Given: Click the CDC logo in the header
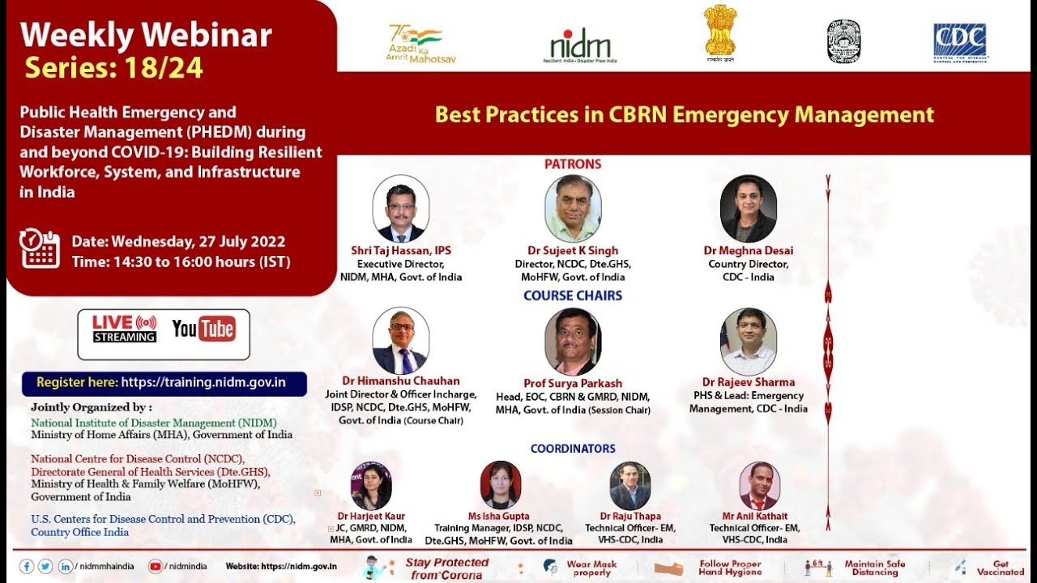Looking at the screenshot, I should pos(960,42).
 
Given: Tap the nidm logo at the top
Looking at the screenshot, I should pos(580,45).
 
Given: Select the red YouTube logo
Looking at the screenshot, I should pos(203,329).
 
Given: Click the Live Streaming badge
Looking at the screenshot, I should pos(124,329).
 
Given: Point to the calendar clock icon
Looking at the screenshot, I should pos(40,248).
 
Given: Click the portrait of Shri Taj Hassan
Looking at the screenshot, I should pos(400,209).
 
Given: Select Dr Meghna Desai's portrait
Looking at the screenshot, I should pos(748,209).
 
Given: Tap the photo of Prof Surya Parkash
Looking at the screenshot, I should pos(573,342).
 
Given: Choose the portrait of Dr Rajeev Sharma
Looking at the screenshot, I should pos(748,342).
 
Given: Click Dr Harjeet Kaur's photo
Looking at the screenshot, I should pos(371,486).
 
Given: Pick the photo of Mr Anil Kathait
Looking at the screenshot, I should pos(759,486).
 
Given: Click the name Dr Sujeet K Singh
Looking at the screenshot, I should pos(573,251).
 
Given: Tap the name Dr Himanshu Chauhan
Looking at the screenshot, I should pos(400,381).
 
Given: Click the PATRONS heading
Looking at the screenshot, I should pos(573,164).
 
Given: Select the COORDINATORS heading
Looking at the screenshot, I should pos(573,449).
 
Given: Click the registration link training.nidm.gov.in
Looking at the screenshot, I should pos(203,383).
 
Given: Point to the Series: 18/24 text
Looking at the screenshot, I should pos(114,68).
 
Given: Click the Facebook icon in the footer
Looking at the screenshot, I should pos(27,567).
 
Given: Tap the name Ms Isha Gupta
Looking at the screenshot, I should pos(498,516).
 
